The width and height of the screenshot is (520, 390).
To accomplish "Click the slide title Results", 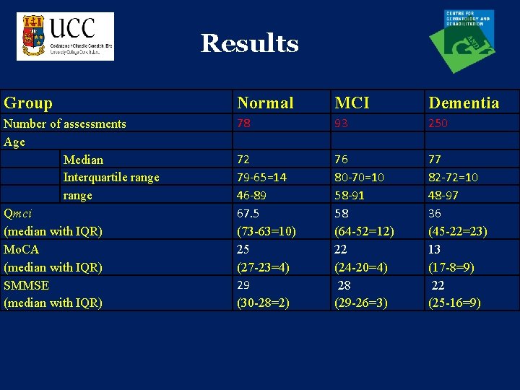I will pyautogui.click(x=249, y=43).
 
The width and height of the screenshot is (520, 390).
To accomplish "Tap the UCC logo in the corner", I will pyautogui.click(x=66, y=36).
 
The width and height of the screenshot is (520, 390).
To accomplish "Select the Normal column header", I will pyautogui.click(x=265, y=103).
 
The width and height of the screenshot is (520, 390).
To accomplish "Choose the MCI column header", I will pyautogui.click(x=352, y=103).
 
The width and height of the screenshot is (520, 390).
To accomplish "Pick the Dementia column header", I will pyautogui.click(x=464, y=103).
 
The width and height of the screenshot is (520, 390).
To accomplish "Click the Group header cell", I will pyautogui.click(x=28, y=103).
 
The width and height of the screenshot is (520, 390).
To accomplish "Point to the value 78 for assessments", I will pyautogui.click(x=244, y=123).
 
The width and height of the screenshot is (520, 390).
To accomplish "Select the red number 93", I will pyautogui.click(x=340, y=123).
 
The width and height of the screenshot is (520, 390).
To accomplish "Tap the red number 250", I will pyautogui.click(x=438, y=123).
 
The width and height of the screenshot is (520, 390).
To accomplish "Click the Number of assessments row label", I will pyautogui.click(x=65, y=123).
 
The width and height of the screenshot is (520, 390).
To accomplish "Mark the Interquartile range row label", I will pyautogui.click(x=111, y=177).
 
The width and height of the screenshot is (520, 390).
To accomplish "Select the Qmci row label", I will pyautogui.click(x=18, y=213).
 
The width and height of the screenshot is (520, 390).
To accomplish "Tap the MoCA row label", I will pyautogui.click(x=22, y=249).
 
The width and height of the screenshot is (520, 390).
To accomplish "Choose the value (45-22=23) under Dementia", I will pyautogui.click(x=457, y=231).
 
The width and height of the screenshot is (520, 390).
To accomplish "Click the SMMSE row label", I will pyautogui.click(x=27, y=285).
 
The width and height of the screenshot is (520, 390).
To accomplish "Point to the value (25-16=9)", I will pyautogui.click(x=455, y=303).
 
